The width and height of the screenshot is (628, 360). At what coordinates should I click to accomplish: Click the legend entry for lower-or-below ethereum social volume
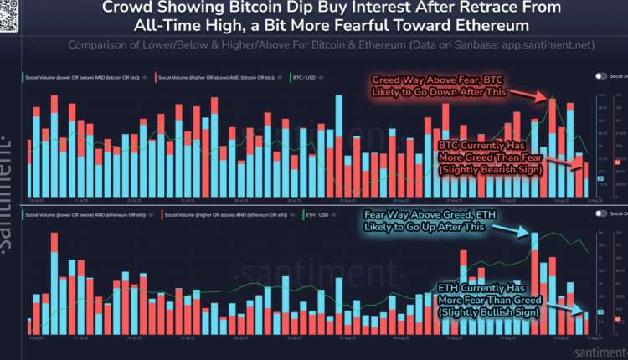click(85, 214)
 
